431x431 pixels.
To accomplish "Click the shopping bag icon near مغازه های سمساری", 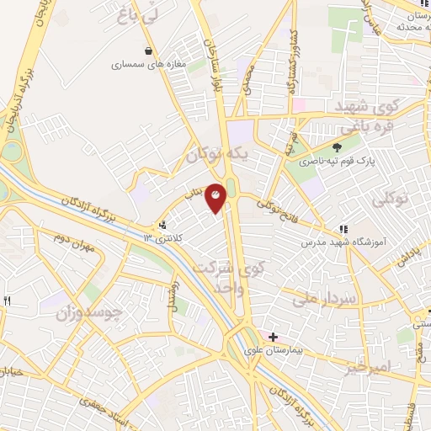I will [x=149, y=50].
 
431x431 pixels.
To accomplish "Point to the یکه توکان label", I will [x=218, y=155].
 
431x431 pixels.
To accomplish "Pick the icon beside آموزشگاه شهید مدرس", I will [x=343, y=229].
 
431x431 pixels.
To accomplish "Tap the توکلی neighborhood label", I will [x=391, y=200].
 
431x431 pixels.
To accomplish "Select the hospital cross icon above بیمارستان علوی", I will [x=273, y=337].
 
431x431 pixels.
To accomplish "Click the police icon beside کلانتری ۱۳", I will [x=162, y=226].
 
